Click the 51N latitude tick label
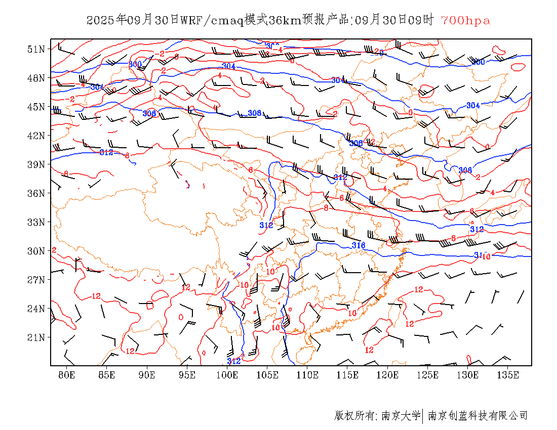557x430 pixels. (x=37, y=49)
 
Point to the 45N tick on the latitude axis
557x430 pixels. (x=37, y=107)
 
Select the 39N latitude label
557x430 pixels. (x=37, y=164)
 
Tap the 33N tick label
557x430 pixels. (x=37, y=222)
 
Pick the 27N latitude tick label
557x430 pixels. (x=37, y=280)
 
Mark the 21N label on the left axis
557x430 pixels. (x=37, y=337)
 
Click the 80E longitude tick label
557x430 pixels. (x=67, y=375)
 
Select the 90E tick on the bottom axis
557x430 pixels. (x=147, y=375)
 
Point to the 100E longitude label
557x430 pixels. (x=227, y=375)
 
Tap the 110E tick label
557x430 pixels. (x=307, y=375)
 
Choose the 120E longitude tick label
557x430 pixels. (x=387, y=375)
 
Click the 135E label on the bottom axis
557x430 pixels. (x=508, y=375)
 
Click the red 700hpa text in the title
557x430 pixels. (x=465, y=21)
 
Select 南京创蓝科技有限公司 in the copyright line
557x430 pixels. (x=478, y=416)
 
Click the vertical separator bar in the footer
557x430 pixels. (x=423, y=416)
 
